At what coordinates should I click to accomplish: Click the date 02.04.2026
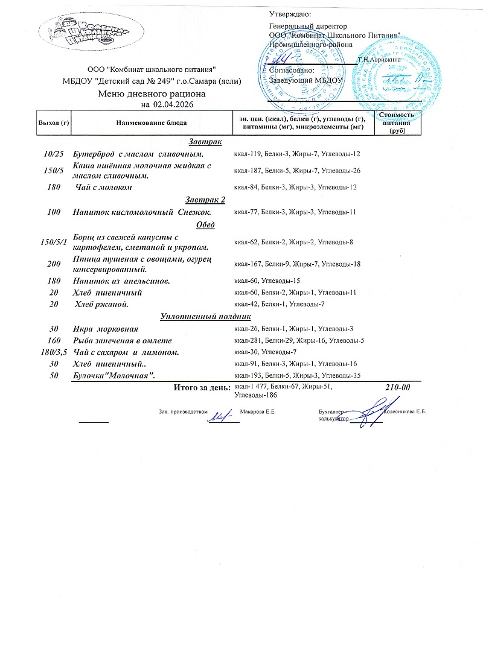click(x=174, y=104)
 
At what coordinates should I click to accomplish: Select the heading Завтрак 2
click(x=205, y=200)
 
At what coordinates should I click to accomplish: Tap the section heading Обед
click(x=206, y=224)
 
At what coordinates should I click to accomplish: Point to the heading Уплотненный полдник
click(x=205, y=317)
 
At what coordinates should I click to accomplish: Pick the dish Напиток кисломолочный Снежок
click(x=141, y=212)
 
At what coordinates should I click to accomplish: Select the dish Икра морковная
click(x=105, y=329)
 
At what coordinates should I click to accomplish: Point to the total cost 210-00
click(x=397, y=387)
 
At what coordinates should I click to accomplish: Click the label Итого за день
click(x=202, y=387)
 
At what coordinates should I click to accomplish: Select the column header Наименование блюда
click(x=151, y=123)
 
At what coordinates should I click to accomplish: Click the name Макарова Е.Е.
click(x=258, y=411)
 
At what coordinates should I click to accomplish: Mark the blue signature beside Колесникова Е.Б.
click(x=366, y=415)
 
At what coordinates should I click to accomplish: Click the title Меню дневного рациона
click(x=152, y=94)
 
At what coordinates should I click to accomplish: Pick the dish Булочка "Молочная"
click(x=114, y=375)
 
